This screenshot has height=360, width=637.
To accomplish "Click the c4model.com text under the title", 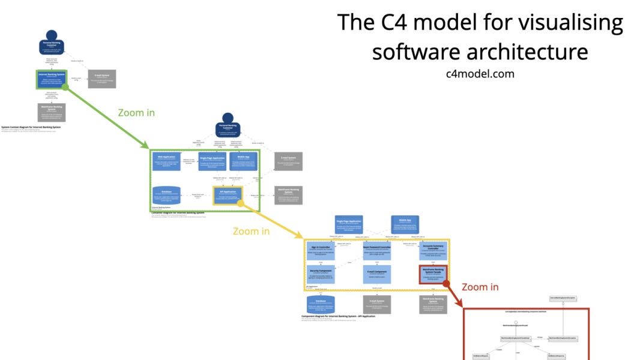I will click(480, 73).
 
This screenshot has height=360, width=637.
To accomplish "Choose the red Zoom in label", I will click(480, 287).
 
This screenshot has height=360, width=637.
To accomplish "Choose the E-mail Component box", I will click(376, 275).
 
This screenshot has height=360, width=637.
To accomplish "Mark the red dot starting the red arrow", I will click(447, 284).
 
